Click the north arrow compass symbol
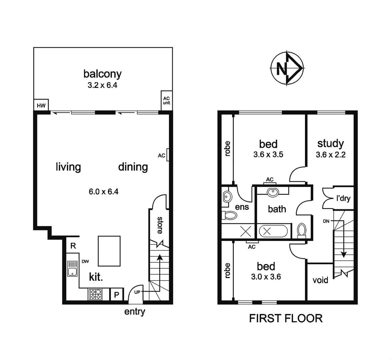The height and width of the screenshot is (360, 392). pyautogui.click(x=287, y=68)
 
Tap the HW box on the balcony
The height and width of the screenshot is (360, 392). pyautogui.click(x=41, y=105)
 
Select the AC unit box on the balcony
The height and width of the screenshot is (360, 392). pyautogui.click(x=166, y=100)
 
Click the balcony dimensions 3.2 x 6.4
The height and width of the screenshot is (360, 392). pyautogui.click(x=102, y=85)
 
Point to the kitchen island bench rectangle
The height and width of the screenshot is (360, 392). pyautogui.click(x=109, y=251)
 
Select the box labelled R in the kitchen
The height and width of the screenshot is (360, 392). pyautogui.click(x=73, y=246)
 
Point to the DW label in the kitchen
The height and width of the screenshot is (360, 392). pyautogui.click(x=85, y=262)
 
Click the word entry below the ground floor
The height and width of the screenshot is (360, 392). pyautogui.click(x=135, y=312)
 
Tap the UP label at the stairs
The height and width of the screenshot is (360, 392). pyautogui.click(x=137, y=292)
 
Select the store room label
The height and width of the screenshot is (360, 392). pyautogui.click(x=160, y=225)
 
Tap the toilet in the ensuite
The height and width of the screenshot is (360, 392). pyautogui.click(x=230, y=215)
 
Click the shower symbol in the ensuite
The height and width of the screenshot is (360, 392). pyautogui.click(x=246, y=231)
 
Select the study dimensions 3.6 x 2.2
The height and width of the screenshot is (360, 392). pyautogui.click(x=330, y=155)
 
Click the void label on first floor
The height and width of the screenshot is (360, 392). pyautogui.click(x=320, y=280)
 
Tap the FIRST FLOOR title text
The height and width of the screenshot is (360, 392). pyautogui.click(x=286, y=318)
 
